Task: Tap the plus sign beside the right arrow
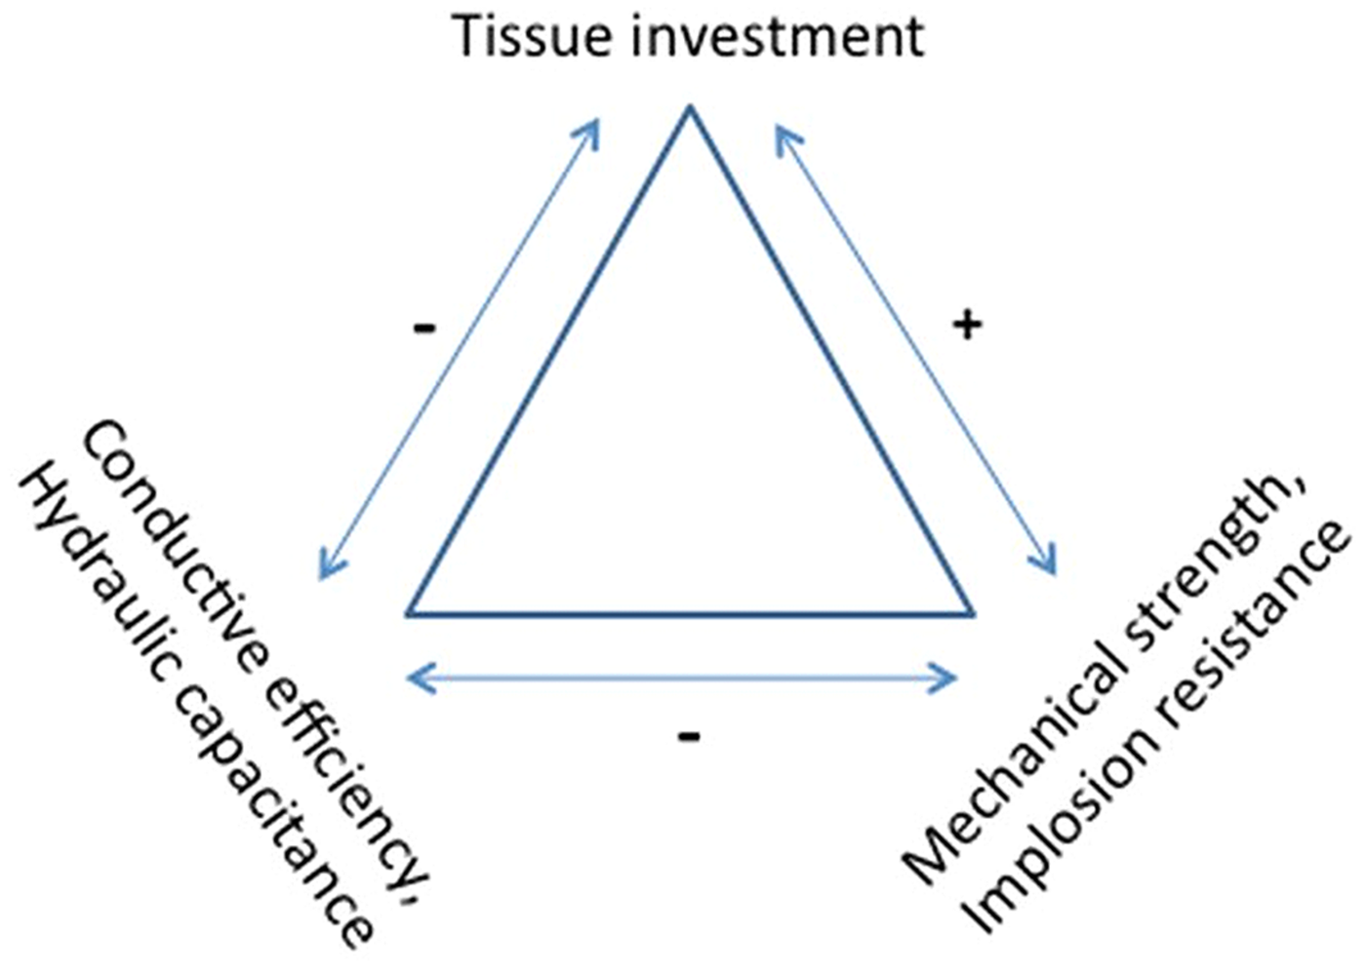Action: pos(966,325)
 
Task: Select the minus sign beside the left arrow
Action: pos(424,328)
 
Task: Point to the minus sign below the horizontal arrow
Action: pos(689,736)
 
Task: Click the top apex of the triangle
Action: pos(690,107)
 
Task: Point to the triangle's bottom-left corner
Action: pos(408,614)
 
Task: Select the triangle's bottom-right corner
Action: pos(973,614)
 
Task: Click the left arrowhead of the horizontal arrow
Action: pos(410,678)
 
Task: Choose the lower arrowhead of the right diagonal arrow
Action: pos(1052,570)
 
